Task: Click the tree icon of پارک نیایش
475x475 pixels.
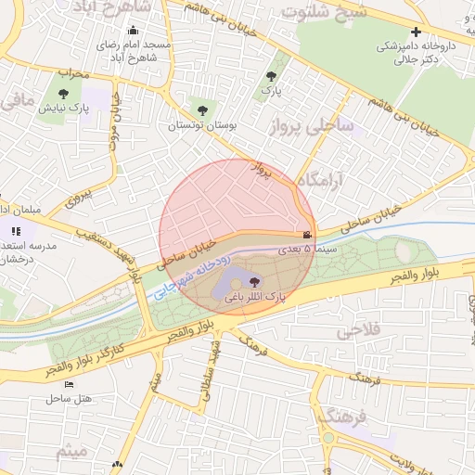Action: tap(63, 94)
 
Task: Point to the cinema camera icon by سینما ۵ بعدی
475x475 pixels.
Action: tap(306, 236)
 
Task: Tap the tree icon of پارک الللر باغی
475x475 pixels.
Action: tap(254, 282)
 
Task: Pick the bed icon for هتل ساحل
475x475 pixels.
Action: tap(68, 384)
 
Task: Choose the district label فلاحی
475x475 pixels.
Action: tap(360, 331)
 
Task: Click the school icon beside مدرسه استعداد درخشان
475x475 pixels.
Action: tap(15, 231)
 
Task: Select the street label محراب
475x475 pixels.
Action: tap(71, 72)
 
